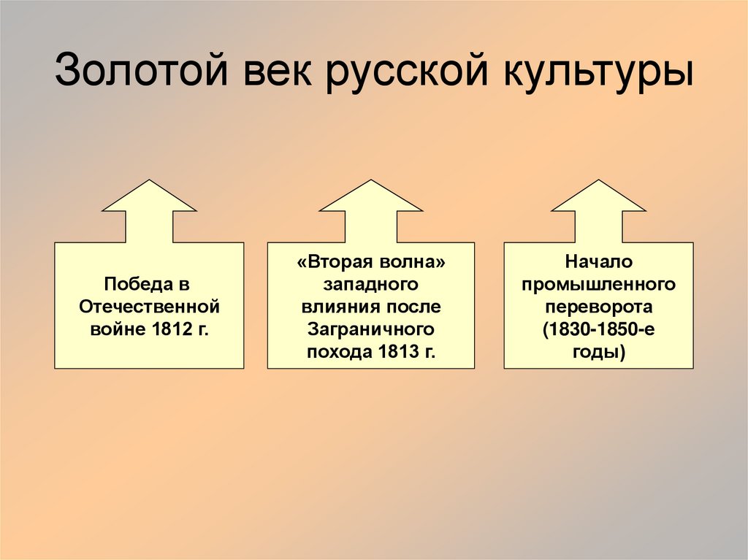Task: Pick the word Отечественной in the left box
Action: click(149, 305)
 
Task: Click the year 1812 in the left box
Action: click(170, 328)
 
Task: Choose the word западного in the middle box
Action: click(370, 284)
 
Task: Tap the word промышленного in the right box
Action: click(598, 284)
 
